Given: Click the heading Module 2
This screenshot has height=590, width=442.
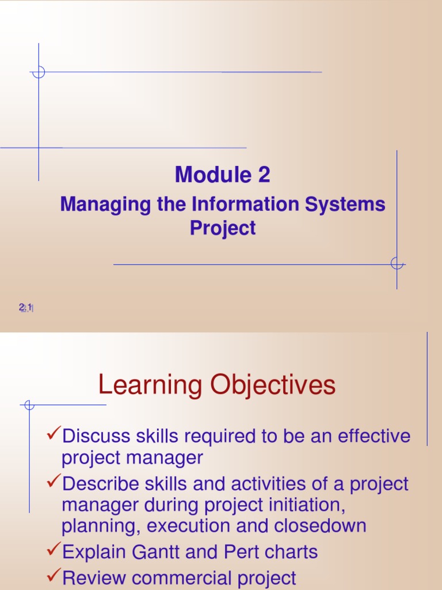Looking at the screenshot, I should coord(222,175).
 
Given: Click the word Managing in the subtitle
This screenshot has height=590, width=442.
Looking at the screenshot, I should coord(95,205).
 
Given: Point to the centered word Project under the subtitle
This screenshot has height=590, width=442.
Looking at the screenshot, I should coord(223,228).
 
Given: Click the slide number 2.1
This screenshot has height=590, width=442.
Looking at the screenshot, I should coord(25,308).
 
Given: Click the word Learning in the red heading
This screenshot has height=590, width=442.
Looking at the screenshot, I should coord(150,385).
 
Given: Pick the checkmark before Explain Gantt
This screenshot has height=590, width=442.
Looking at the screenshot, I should coord(54,551).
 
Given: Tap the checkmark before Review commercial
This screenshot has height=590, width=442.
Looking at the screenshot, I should coord(54,576).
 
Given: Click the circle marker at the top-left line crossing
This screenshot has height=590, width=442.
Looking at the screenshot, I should coord(39,73).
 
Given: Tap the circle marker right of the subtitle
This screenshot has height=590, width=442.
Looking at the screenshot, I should coord(397,264).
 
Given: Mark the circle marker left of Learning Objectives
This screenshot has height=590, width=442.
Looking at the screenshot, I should coord(29,405).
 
